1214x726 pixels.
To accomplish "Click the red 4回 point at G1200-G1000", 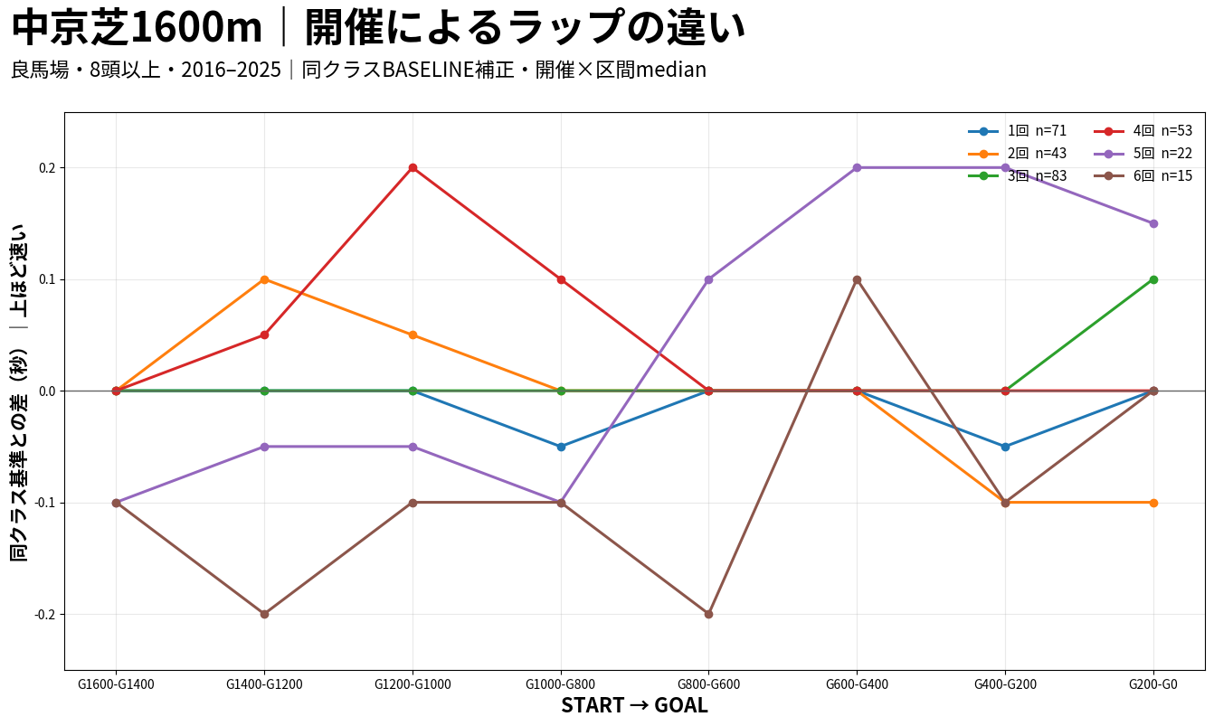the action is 413,168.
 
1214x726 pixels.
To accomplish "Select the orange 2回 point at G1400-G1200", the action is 264,279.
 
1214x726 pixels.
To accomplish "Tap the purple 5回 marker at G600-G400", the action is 857,168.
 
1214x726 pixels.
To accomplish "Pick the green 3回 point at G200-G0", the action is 1153,279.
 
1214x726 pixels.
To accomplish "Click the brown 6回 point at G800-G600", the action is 708,615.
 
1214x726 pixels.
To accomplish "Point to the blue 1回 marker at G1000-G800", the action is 561,447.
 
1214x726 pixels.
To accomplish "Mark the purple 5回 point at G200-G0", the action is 1153,223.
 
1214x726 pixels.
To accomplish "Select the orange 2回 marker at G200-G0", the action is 1153,503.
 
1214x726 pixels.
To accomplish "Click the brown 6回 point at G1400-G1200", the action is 264,615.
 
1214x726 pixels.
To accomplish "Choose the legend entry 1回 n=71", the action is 1018,131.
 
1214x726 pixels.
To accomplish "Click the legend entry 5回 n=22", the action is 1143,154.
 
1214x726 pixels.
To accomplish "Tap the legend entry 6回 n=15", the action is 1143,176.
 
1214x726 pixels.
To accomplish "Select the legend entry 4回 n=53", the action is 1143,131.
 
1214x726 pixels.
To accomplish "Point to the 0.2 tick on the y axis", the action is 47,168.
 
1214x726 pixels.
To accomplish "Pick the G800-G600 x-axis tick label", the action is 708,684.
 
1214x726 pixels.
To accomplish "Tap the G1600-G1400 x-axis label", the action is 116,684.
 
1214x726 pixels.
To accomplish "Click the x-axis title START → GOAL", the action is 634,705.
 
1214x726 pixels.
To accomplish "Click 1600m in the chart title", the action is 196,28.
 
